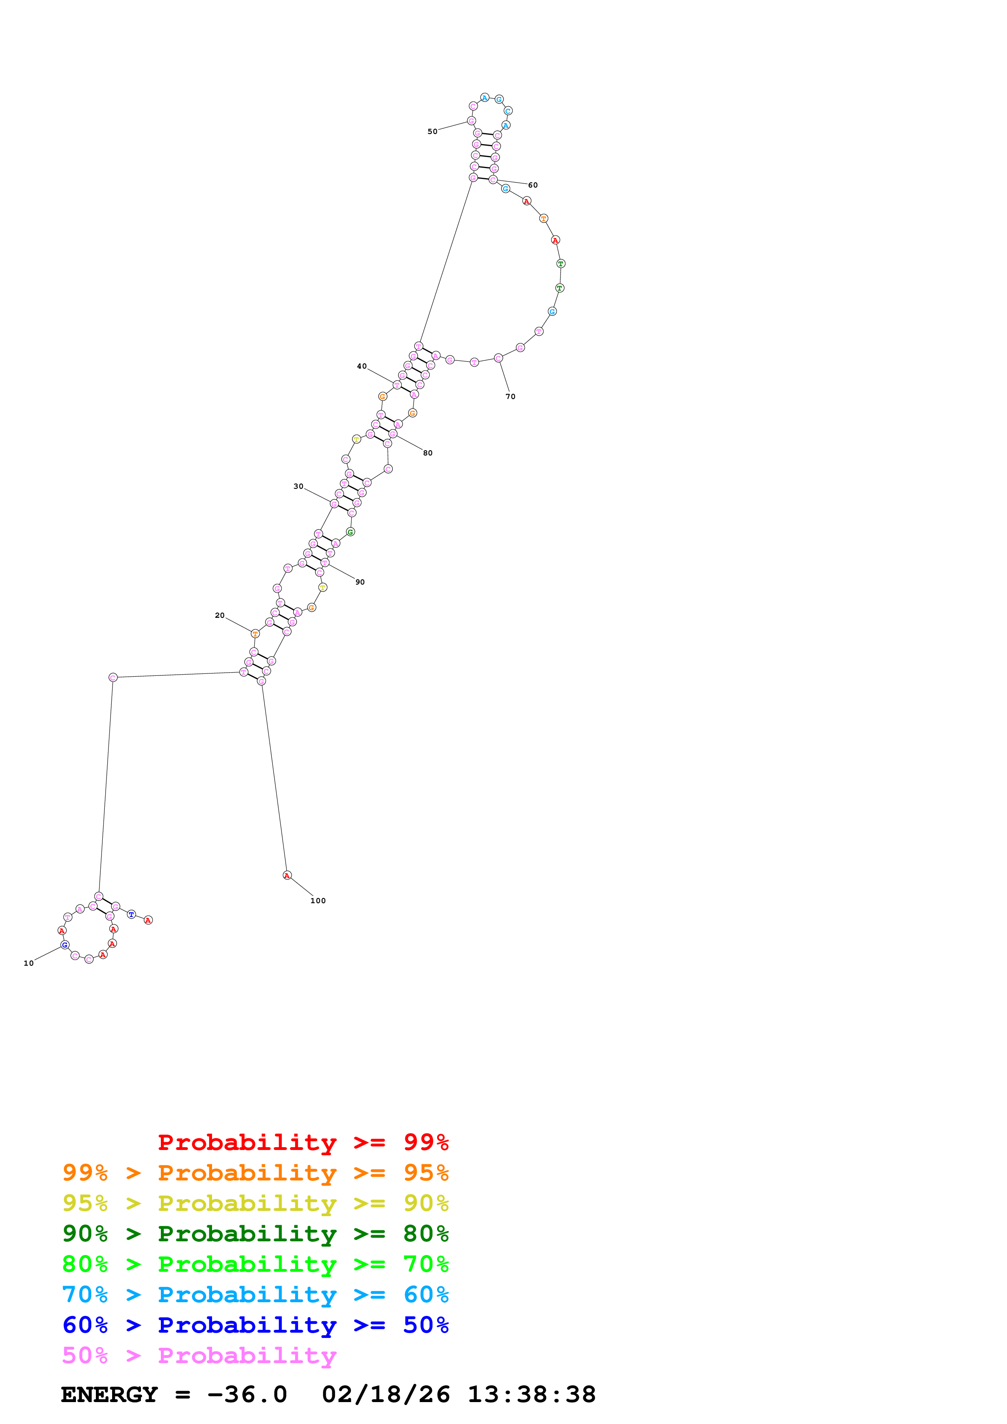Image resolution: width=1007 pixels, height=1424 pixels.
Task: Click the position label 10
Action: click(x=28, y=963)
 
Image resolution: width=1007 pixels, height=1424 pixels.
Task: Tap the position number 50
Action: click(x=433, y=132)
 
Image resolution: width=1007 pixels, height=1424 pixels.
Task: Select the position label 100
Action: click(x=318, y=900)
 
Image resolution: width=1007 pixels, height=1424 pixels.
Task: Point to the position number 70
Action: click(x=510, y=396)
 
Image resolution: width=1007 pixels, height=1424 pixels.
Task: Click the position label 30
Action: click(x=299, y=486)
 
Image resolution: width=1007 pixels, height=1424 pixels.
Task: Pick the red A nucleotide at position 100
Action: click(x=287, y=875)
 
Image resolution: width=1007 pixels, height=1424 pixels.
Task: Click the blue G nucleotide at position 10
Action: click(x=65, y=945)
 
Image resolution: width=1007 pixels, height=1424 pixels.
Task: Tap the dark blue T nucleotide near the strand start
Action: click(x=132, y=914)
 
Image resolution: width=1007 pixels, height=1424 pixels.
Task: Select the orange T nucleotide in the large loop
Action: click(x=544, y=218)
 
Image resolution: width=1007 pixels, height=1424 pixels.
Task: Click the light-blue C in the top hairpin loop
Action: click(x=508, y=111)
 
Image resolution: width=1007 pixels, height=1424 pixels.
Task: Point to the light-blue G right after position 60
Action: click(x=506, y=188)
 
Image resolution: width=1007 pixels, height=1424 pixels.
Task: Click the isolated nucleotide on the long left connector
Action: click(x=113, y=677)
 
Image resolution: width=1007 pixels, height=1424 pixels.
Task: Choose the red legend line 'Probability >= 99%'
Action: click(x=303, y=1142)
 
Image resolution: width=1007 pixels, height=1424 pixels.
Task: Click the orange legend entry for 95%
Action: click(x=255, y=1172)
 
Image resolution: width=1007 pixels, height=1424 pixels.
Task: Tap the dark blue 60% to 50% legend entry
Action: click(x=255, y=1325)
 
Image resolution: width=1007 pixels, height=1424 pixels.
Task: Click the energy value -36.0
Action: click(x=247, y=1394)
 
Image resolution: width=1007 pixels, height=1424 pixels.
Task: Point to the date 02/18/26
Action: click(x=385, y=1394)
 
